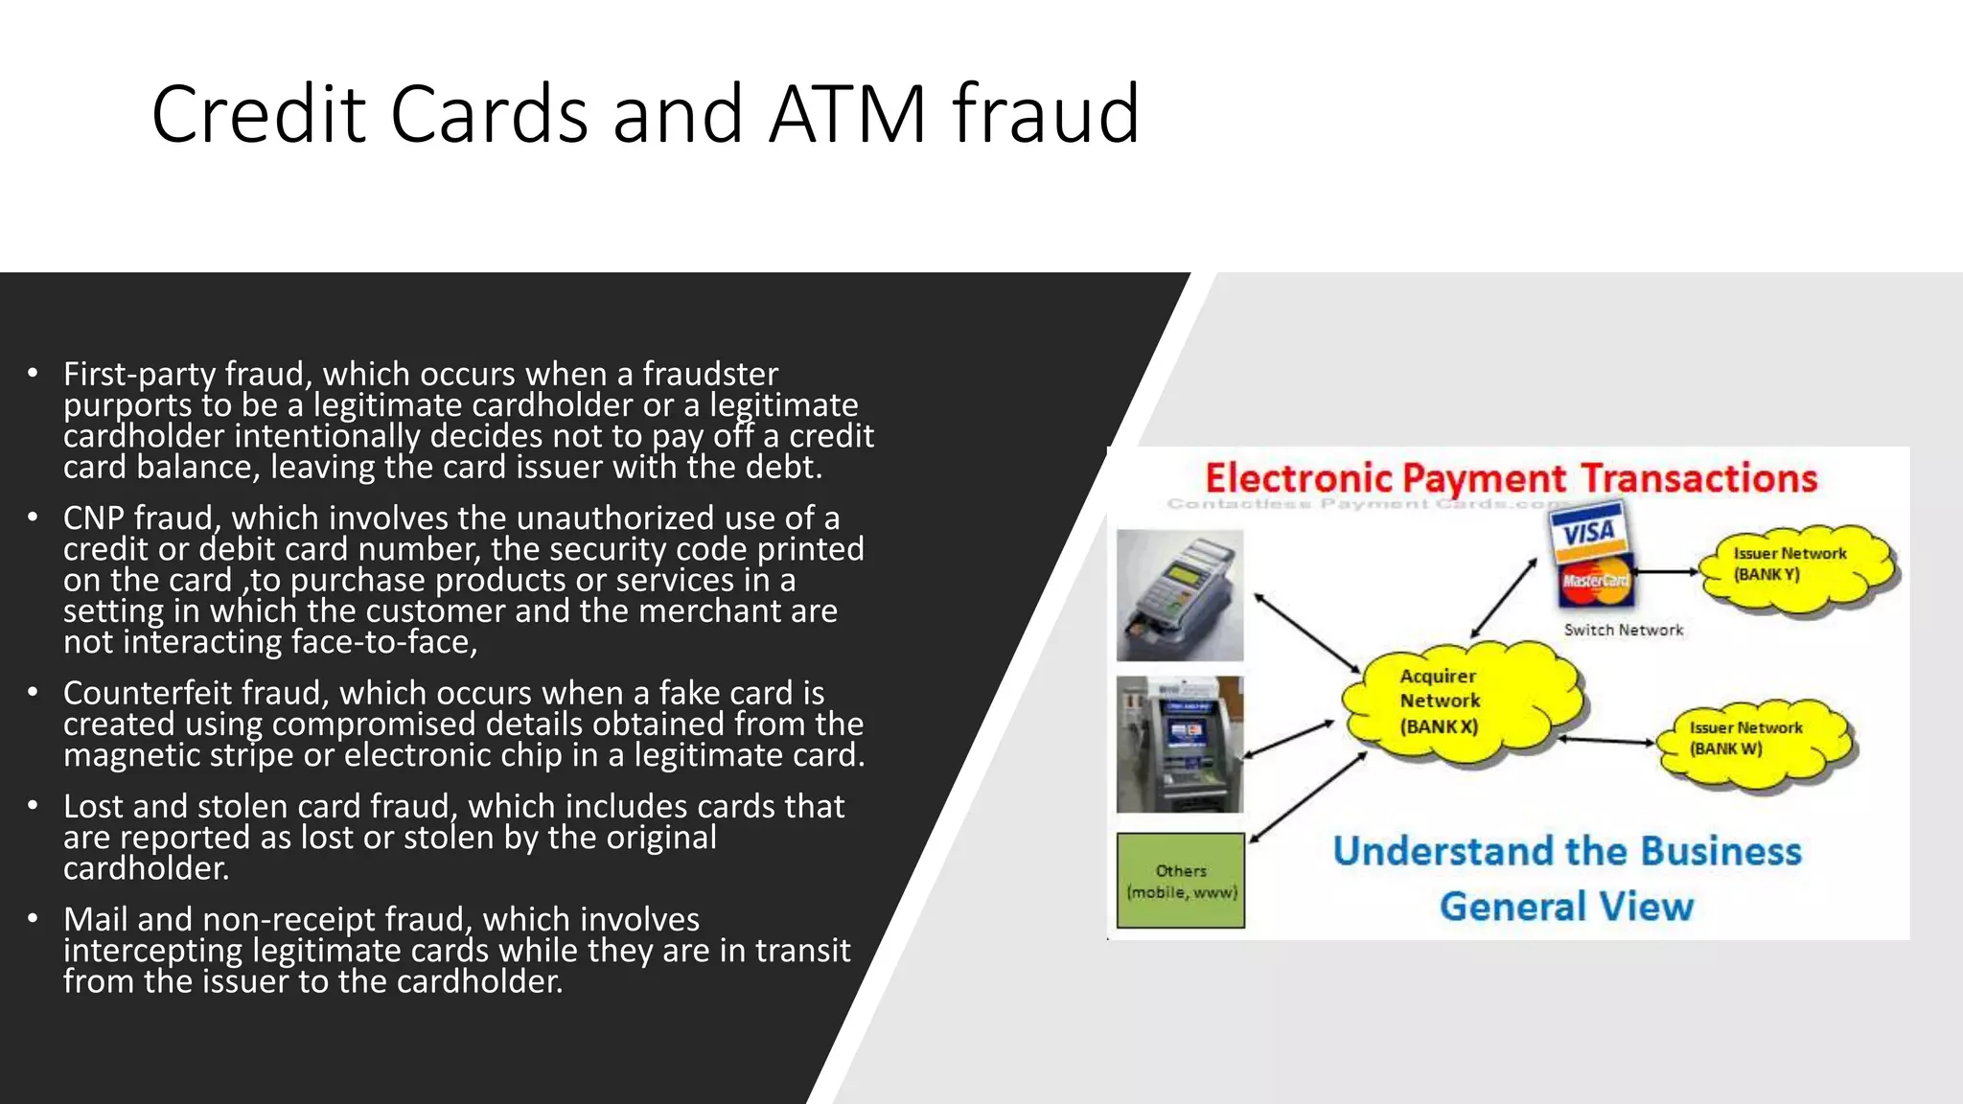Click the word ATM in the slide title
(847, 115)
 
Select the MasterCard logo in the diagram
(1595, 582)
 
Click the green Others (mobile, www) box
(1181, 881)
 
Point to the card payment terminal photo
(1180, 595)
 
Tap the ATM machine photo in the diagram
(1180, 744)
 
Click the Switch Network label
(1623, 630)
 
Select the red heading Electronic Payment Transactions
(1510, 478)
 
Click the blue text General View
(1566, 907)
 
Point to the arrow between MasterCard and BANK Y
(1666, 572)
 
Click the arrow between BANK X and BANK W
(1606, 740)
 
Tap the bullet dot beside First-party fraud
(33, 373)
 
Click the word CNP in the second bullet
(96, 518)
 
